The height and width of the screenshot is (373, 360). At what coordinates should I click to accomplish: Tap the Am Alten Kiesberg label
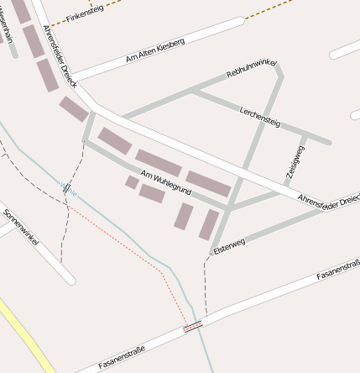(154, 50)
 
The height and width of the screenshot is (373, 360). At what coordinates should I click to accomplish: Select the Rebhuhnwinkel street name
(252, 69)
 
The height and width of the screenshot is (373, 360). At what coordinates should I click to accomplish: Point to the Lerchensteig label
(260, 117)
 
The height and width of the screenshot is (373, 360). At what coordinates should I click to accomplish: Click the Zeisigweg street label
(295, 161)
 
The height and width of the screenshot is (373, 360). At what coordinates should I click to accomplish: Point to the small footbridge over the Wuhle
(65, 188)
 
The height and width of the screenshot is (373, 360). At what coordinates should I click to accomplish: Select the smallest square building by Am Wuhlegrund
(132, 181)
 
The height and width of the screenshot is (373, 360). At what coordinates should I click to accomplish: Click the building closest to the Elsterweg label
(208, 224)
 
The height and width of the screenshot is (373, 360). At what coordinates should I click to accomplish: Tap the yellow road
(25, 336)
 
